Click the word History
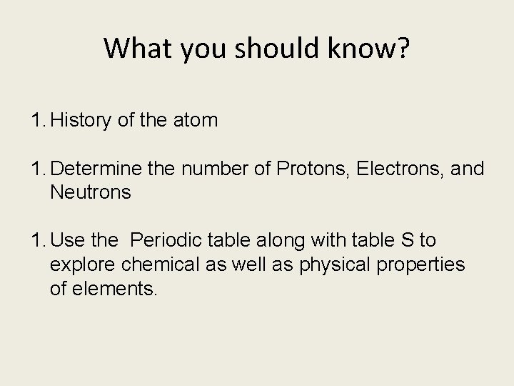click(81, 121)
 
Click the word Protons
click(311, 169)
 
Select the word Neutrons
click(91, 192)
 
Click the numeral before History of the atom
click(37, 121)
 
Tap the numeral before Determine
click(37, 169)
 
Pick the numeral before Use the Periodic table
click(37, 241)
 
